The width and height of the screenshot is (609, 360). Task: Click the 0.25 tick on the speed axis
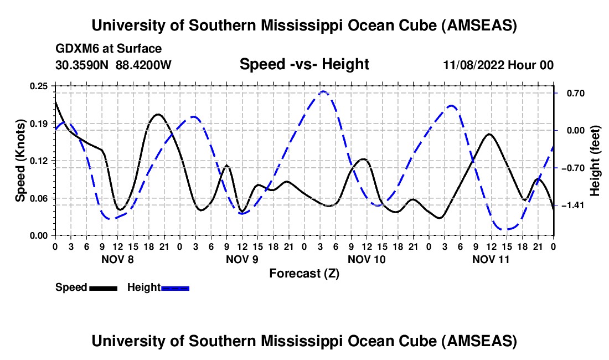[x=39, y=86]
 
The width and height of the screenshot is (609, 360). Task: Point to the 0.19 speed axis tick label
[x=39, y=123]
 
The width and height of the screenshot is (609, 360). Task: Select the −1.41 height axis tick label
[x=571, y=205]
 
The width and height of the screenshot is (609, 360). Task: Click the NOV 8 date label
[x=117, y=259]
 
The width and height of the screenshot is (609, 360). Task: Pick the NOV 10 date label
[x=367, y=259]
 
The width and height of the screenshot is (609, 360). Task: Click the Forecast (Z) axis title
[x=304, y=273]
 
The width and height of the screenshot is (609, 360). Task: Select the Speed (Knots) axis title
[x=20, y=161]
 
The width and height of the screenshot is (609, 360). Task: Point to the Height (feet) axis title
[x=596, y=161]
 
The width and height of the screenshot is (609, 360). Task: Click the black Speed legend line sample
[x=104, y=287]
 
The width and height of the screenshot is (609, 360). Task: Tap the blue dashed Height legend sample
[x=176, y=287]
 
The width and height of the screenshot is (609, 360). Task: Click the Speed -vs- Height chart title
[x=304, y=64]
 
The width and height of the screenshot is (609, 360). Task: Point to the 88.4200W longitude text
[x=143, y=65]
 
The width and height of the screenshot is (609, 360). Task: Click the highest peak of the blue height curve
[x=323, y=91]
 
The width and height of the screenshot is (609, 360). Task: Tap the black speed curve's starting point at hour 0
[x=55, y=102]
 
